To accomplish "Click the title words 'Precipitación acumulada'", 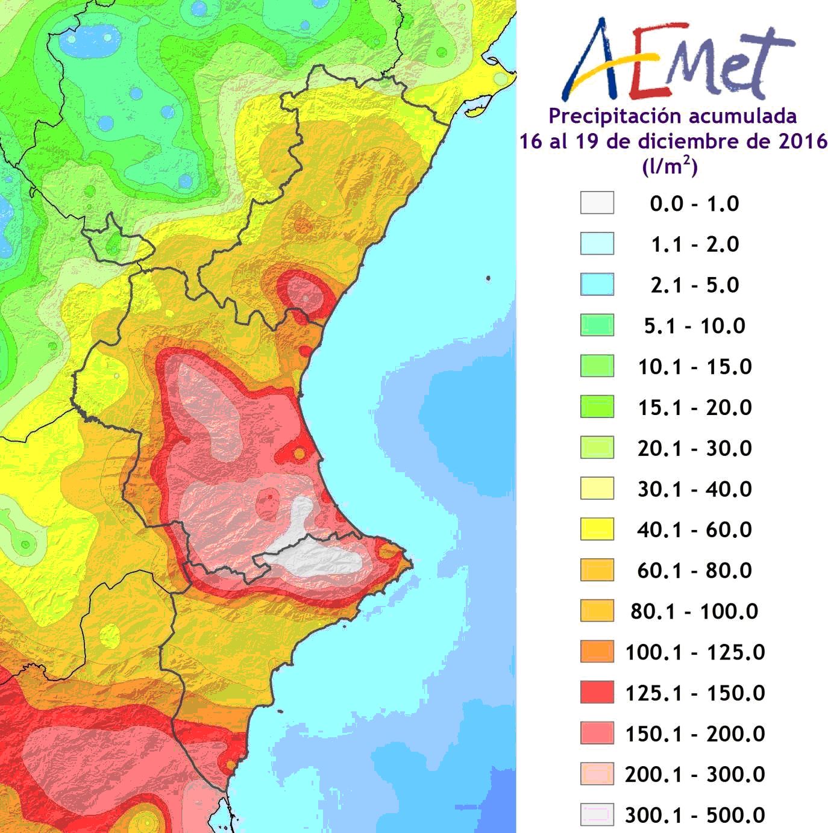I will click(x=673, y=116).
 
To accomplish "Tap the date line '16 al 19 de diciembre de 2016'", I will click(x=673, y=141).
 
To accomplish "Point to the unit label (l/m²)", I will click(x=670, y=166).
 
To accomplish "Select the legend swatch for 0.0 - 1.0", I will click(x=597, y=203).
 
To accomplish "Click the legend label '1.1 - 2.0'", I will click(x=694, y=244).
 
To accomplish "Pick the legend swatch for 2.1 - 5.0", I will click(x=597, y=284).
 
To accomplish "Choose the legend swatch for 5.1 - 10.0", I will click(x=597, y=325).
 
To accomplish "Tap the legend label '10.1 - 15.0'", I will click(x=694, y=366).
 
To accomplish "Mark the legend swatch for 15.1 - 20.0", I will click(x=597, y=407).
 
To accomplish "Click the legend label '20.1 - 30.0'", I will click(x=694, y=448).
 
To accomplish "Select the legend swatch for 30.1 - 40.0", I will click(x=597, y=488).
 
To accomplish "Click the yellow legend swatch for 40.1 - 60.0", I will click(x=597, y=529).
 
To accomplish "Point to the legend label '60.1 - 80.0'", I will click(x=694, y=570).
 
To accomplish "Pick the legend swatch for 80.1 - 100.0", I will click(x=597, y=611).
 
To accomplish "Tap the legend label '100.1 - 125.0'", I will click(x=694, y=652).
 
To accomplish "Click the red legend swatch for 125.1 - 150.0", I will click(x=597, y=693).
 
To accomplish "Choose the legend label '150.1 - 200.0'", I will click(x=694, y=734).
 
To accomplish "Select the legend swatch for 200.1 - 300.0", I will click(x=597, y=774).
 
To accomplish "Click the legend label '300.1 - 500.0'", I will click(x=694, y=815).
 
